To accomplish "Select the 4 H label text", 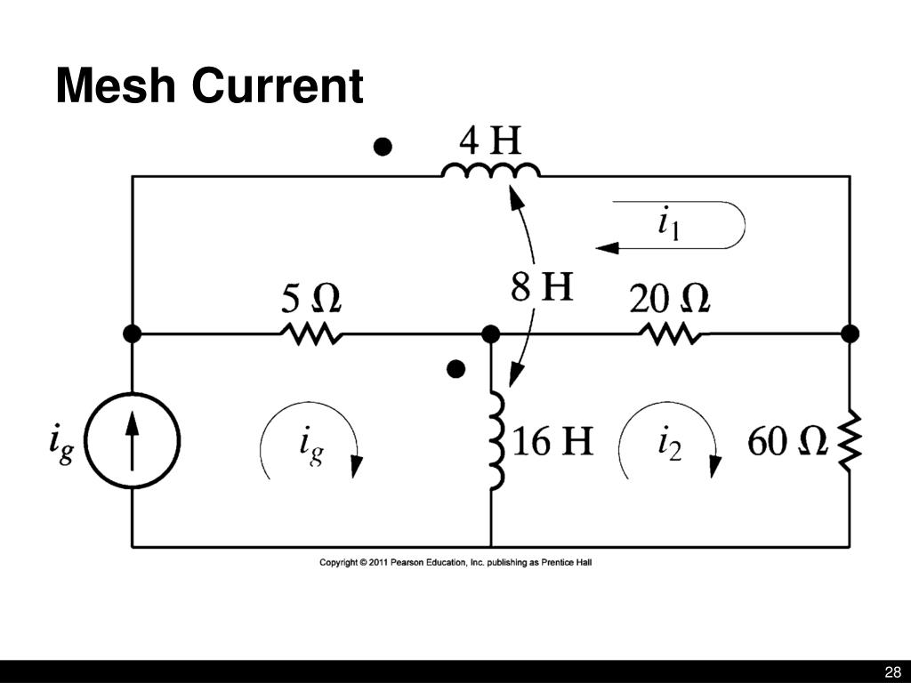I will pos(490,141).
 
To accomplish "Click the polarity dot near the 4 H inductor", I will pos(383,147).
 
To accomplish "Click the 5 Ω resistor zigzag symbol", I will pos(310,333).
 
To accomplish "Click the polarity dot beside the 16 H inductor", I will pos(456,368).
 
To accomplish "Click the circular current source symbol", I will pos(133,439).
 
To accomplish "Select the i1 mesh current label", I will pos(668,225).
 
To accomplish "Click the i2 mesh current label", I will pos(668,442).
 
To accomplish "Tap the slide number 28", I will pos(892,671).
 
